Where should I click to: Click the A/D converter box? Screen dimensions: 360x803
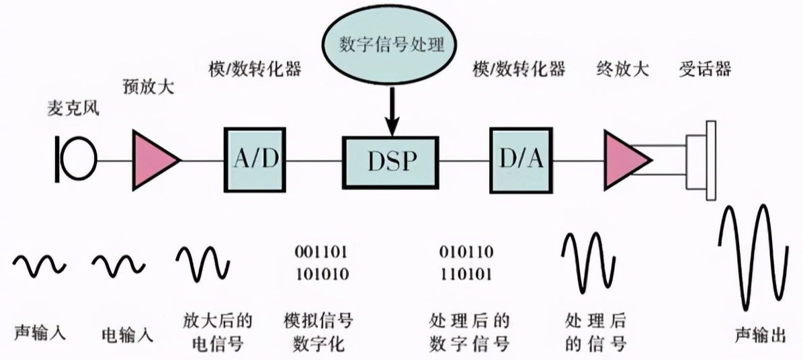tap(254, 159)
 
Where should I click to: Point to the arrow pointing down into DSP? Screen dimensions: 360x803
tap(392, 111)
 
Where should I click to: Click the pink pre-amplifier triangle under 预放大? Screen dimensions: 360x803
tap(154, 160)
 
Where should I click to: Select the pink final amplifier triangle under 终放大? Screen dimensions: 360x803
tap(625, 159)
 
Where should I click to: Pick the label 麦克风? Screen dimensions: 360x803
tap(73, 108)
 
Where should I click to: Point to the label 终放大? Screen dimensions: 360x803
tap(622, 69)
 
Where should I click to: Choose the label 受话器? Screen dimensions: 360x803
tap(704, 69)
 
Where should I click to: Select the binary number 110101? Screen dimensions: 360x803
tap(466, 274)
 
